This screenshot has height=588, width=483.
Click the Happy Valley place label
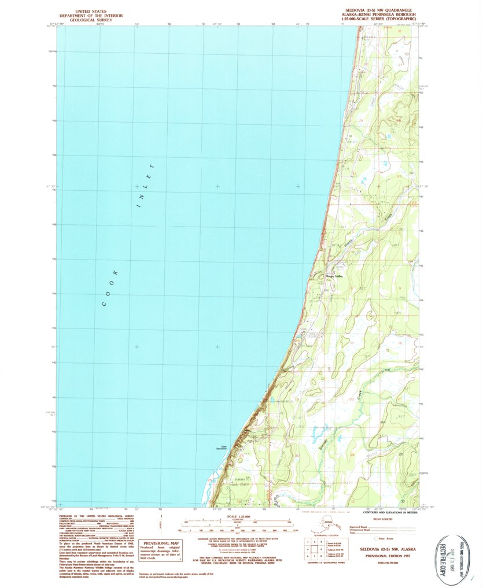tap(335, 276)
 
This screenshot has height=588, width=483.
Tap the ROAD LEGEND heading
tap(384, 519)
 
